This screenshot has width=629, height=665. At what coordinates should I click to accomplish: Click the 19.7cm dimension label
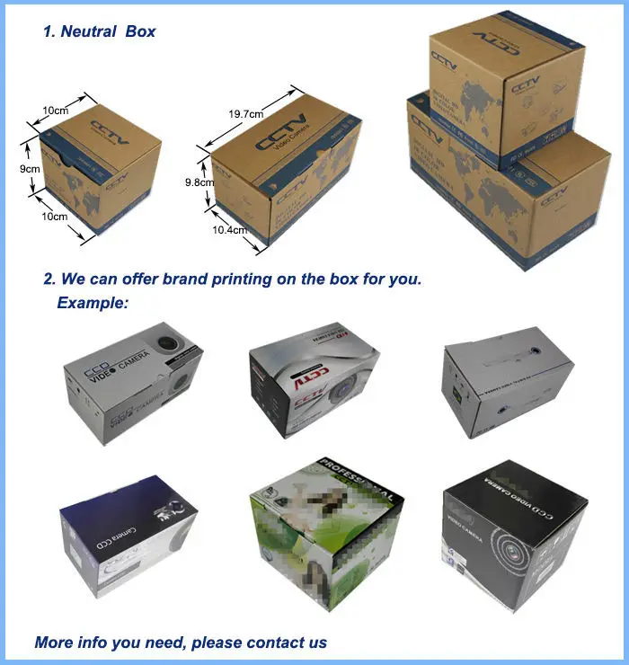coord(244,114)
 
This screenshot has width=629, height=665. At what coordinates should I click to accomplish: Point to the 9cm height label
coord(30,168)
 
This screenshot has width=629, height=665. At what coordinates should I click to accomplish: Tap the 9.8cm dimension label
coord(199,182)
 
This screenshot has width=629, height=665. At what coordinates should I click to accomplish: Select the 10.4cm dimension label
coord(228,230)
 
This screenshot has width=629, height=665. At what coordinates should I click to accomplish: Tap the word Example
coord(92,303)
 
